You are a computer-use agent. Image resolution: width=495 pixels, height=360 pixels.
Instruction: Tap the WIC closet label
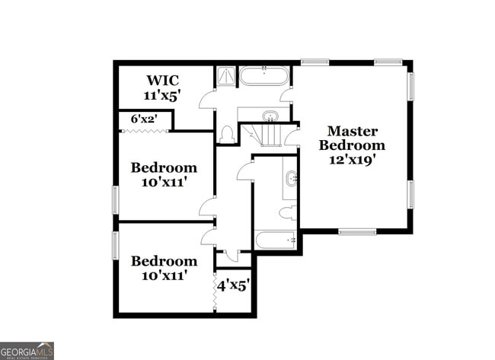[161, 80]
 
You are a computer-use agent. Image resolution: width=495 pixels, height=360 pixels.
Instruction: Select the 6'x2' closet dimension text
[144, 119]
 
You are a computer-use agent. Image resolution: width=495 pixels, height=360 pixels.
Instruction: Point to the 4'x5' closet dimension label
[234, 286]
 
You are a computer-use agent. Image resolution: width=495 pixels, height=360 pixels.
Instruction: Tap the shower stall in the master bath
[226, 76]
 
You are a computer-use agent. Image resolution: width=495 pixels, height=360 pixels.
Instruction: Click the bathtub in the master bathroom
[263, 76]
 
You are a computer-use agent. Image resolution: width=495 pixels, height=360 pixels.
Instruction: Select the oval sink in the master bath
[270, 116]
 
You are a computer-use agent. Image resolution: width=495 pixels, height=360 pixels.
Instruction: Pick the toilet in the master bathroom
[226, 135]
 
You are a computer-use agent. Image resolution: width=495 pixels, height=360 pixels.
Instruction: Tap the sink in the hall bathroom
[291, 180]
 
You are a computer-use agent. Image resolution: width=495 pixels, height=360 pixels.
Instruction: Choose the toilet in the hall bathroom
[287, 213]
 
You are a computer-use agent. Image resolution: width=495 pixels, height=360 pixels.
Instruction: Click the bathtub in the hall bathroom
[276, 241]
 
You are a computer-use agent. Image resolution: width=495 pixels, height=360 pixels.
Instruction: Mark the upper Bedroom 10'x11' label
[164, 174]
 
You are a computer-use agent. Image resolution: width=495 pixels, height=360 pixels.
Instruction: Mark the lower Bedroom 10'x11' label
[164, 267]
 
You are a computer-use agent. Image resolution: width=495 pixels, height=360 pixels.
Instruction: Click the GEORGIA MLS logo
[27, 351]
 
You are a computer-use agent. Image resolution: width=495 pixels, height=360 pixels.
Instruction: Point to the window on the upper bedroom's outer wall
[116, 200]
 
